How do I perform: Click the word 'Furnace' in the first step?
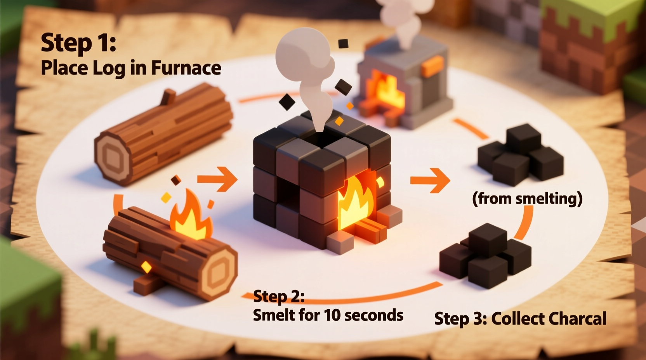click(x=186, y=68)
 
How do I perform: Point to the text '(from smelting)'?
click(x=527, y=199)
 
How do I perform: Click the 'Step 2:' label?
click(x=278, y=297)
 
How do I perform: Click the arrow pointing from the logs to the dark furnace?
click(x=218, y=179)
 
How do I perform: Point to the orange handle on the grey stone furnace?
click(x=432, y=66)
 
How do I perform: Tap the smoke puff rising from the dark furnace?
click(x=307, y=66)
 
